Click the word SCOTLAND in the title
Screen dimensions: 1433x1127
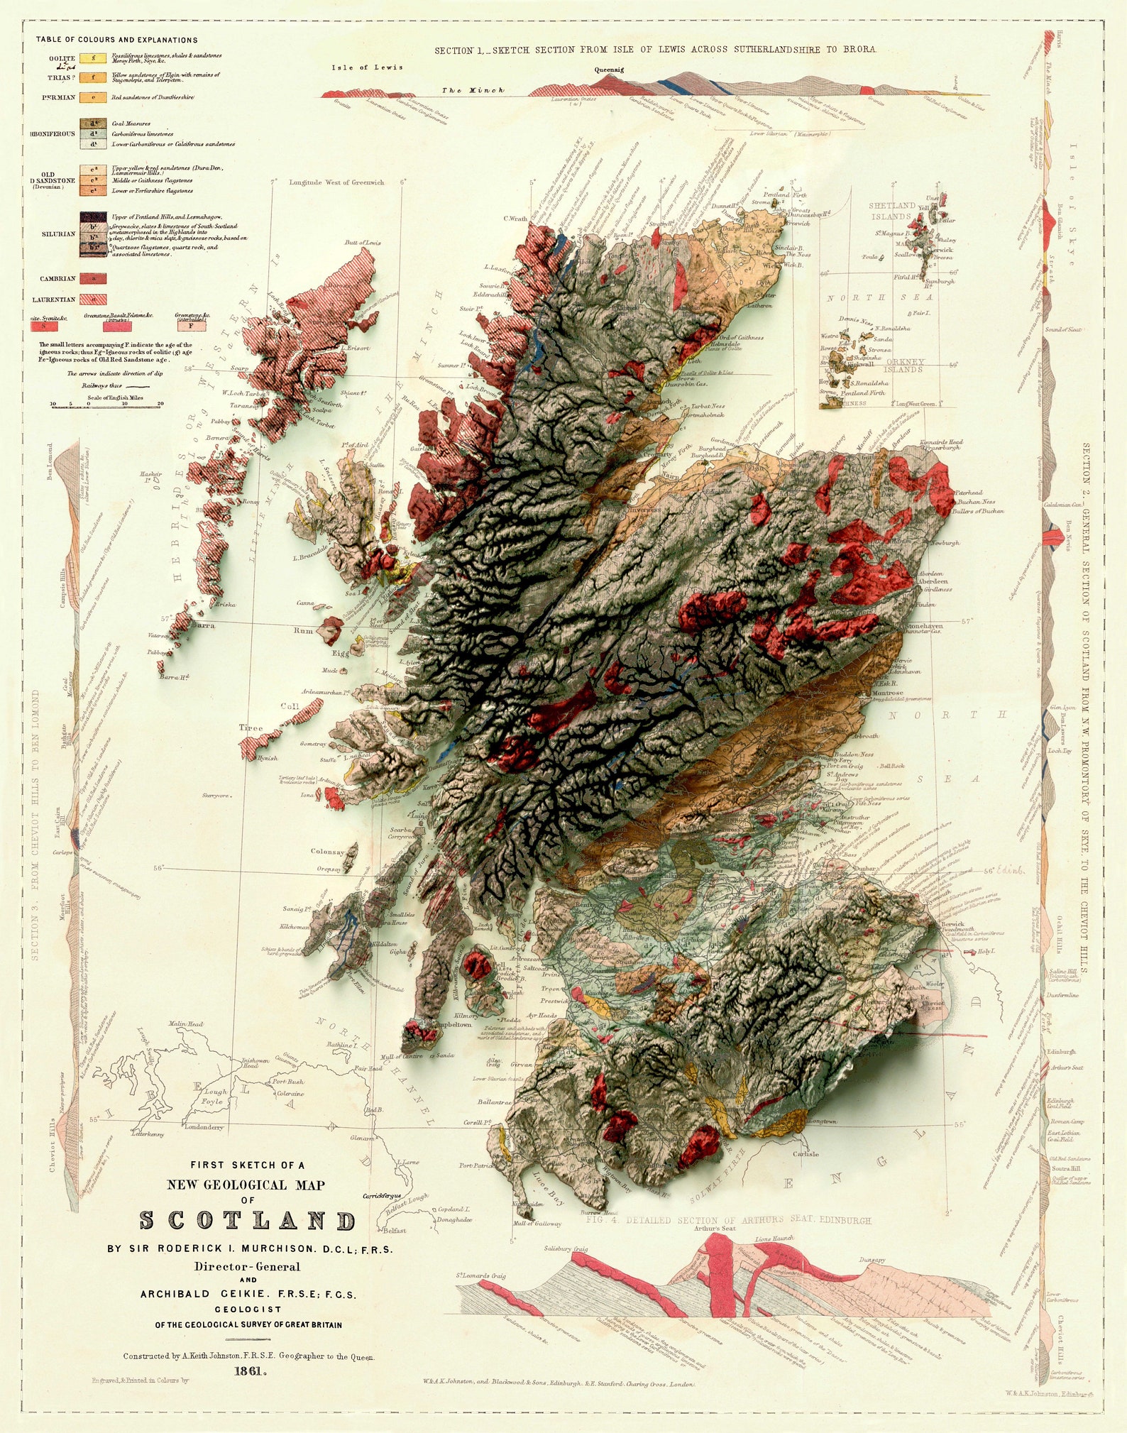[x=247, y=1221]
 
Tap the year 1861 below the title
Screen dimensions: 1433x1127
[x=251, y=1372]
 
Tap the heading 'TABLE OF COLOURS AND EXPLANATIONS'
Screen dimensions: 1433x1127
[x=117, y=40]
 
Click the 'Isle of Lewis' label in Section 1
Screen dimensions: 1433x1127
[x=367, y=67]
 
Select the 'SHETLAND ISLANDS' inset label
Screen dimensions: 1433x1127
[x=892, y=211]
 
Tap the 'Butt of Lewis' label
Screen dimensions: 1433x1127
[x=363, y=243]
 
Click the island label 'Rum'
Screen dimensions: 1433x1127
[x=303, y=630]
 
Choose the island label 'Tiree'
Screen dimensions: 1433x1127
[x=251, y=728]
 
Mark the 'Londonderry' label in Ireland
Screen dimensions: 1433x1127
[x=204, y=1126]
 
